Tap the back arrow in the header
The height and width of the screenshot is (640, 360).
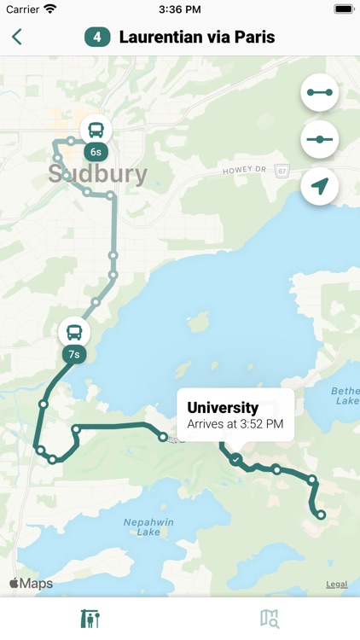17,37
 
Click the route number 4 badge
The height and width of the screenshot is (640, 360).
97,38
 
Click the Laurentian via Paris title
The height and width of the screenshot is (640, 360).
197,38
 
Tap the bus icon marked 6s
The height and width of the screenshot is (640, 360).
96,131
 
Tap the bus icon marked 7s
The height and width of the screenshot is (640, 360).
74,333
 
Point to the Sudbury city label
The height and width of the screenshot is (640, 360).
97,175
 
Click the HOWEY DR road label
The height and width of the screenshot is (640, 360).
245,171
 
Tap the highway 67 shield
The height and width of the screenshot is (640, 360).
283,170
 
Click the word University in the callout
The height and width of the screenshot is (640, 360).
223,408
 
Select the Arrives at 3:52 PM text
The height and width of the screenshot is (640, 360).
235,423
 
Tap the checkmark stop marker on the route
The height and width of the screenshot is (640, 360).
236,459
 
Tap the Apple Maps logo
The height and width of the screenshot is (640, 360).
31,584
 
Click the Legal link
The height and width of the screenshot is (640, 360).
336,585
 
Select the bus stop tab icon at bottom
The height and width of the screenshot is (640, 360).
90,618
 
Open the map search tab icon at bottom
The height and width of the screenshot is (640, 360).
270,618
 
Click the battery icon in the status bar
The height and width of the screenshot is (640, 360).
343,9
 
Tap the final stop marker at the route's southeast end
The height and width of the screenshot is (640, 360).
321,515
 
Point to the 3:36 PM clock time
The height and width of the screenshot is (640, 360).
179,9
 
